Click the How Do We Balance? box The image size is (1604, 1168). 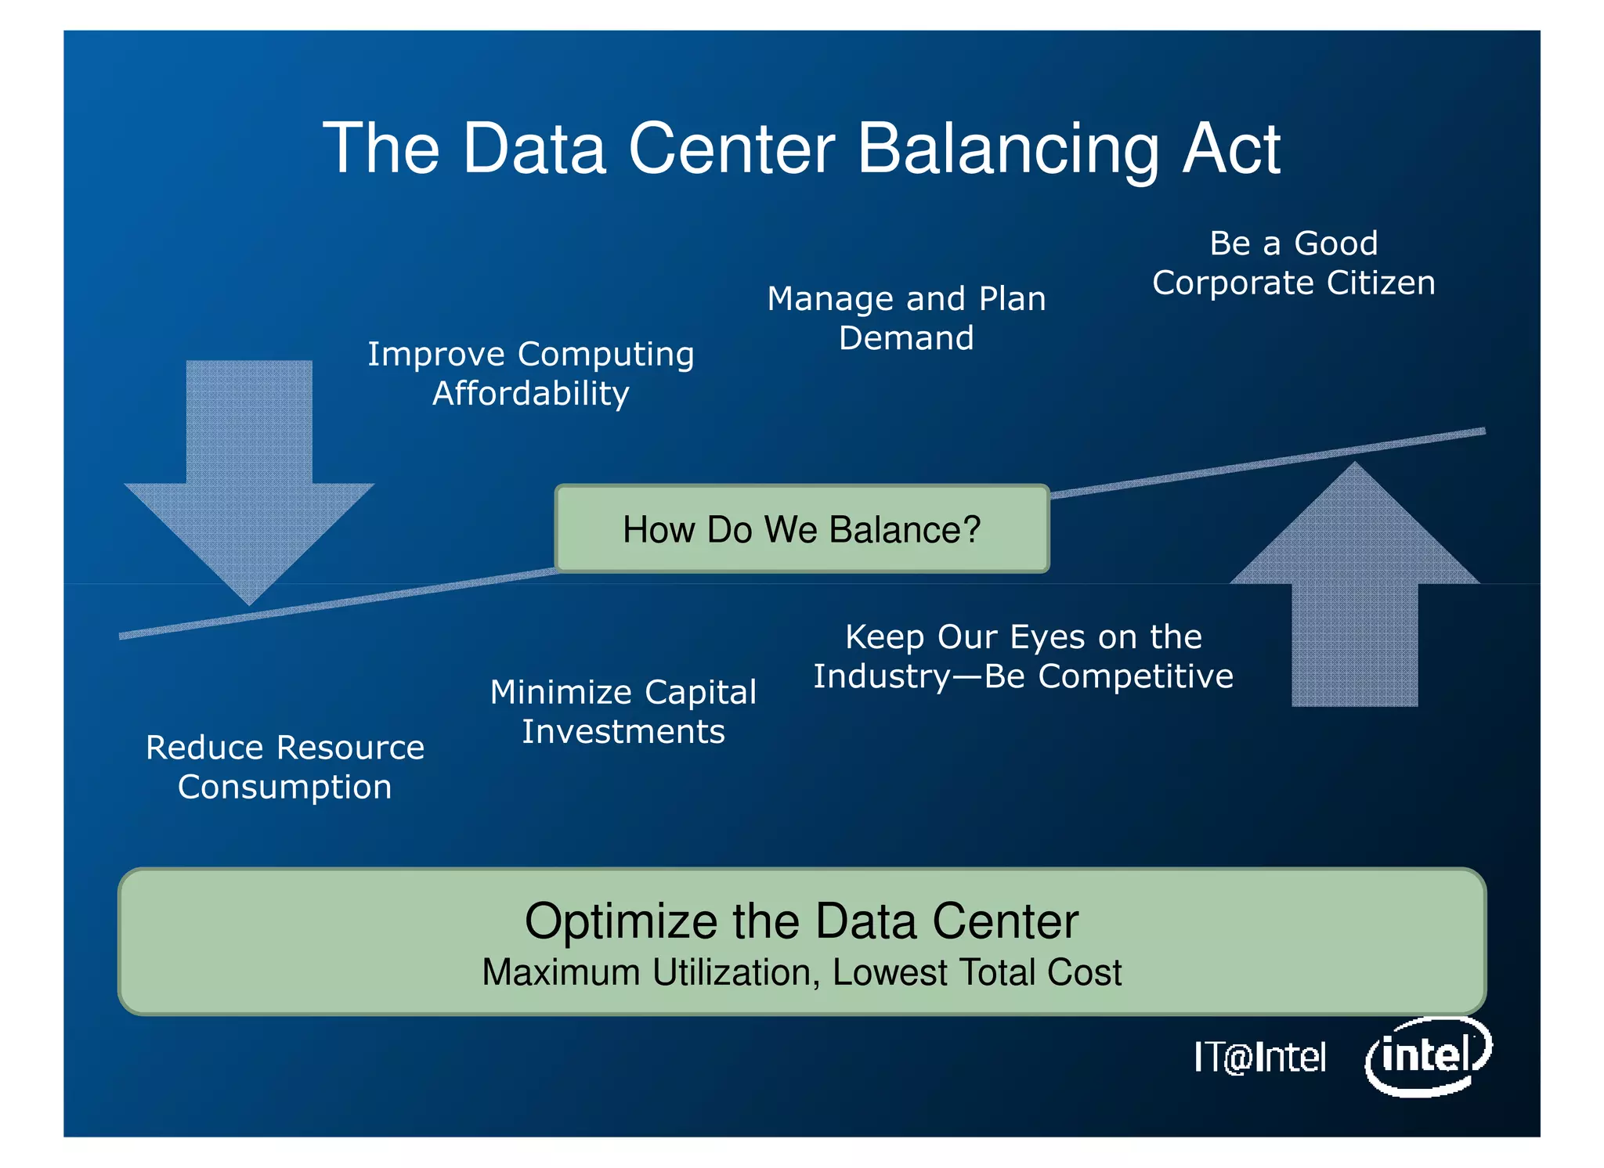point(801,529)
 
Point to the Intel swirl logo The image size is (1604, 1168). point(1428,1056)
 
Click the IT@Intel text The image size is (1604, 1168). point(1259,1058)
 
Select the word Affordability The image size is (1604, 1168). point(531,394)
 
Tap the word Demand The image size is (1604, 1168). point(906,338)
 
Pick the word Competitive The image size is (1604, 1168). point(1136,676)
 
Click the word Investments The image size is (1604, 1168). point(623,732)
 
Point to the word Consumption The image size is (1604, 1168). point(284,788)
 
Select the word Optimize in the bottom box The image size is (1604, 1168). point(620,921)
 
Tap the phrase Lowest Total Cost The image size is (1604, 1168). point(977,973)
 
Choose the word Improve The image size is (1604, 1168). point(437,355)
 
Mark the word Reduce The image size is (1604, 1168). point(204,748)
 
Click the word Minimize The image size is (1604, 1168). point(561,693)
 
